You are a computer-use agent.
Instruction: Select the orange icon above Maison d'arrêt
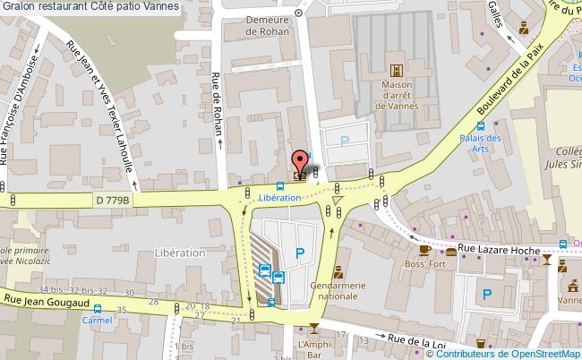[397, 69]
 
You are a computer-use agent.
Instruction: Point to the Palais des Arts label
[481, 143]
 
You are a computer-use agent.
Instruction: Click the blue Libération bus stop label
[279, 197]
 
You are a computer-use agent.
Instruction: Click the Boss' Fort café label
[425, 264]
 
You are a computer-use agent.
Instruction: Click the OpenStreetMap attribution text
[516, 353]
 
